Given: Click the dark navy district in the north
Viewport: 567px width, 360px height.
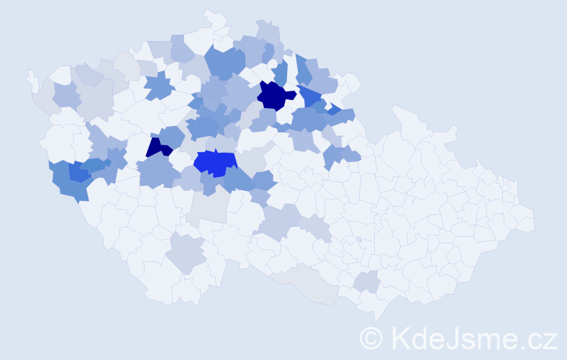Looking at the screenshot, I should pyautogui.click(x=274, y=96).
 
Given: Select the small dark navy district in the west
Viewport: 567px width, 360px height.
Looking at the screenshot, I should pyautogui.click(x=158, y=148).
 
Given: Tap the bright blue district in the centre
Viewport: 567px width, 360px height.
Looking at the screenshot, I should pyautogui.click(x=214, y=163).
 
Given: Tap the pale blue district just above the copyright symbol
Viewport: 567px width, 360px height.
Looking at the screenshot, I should pyautogui.click(x=367, y=282).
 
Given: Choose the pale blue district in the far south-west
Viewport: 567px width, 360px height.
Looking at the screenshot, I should pyautogui.click(x=186, y=252).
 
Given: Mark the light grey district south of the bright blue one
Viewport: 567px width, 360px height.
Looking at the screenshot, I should pyautogui.click(x=209, y=209).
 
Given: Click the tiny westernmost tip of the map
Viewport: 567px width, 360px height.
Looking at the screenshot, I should pyautogui.click(x=31, y=78).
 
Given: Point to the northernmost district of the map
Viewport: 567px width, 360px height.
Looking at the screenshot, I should pyautogui.click(x=214, y=16).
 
